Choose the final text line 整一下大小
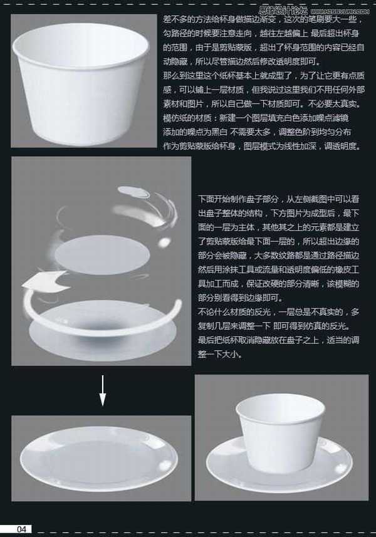click(x=219, y=354)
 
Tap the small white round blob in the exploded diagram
click(x=164, y=241)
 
